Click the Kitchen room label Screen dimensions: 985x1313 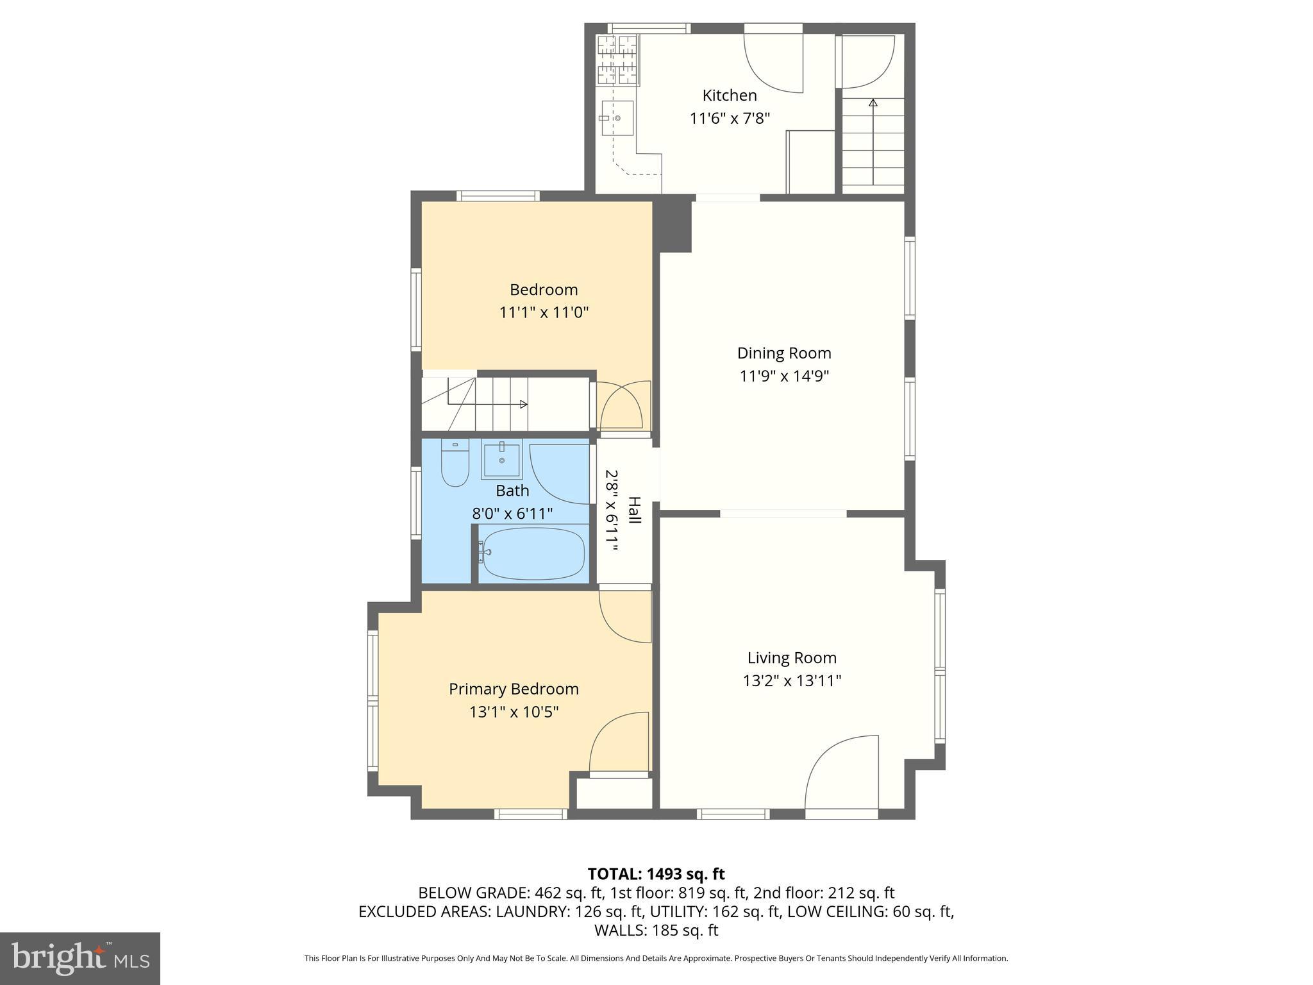pyautogui.click(x=729, y=96)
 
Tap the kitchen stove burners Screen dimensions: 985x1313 pyautogui.click(x=618, y=60)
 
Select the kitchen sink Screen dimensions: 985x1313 pyautogui.click(x=617, y=119)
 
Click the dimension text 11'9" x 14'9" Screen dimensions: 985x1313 pyautogui.click(x=784, y=376)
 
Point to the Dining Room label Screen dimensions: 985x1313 pyautogui.click(x=783, y=353)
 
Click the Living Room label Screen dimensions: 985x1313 pyautogui.click(x=792, y=657)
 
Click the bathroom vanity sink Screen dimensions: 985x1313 pyautogui.click(x=501, y=459)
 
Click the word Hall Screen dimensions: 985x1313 pyautogui.click(x=634, y=510)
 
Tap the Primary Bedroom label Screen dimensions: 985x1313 pyautogui.click(x=514, y=689)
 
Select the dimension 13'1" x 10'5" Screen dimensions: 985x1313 pyautogui.click(x=514, y=712)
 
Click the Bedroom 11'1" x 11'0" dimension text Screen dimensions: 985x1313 pyautogui.click(x=544, y=312)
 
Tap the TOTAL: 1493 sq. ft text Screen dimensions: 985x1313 pyautogui.click(x=656, y=874)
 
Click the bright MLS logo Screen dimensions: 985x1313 pyautogui.click(x=79, y=959)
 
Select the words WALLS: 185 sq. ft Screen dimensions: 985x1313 pyautogui.click(x=656, y=930)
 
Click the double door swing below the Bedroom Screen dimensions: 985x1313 pyautogui.click(x=620, y=407)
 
